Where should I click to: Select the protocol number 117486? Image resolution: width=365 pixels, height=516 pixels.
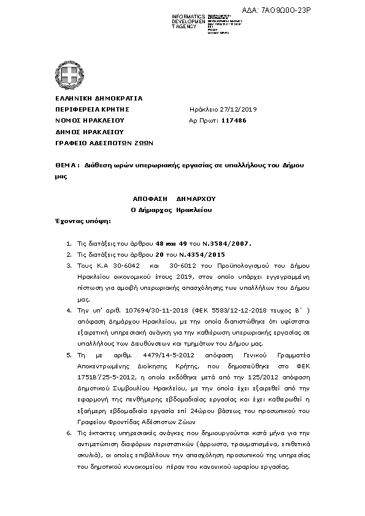pos(234,120)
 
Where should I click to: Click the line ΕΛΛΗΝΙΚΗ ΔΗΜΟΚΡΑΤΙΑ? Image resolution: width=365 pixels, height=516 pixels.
pos(90,98)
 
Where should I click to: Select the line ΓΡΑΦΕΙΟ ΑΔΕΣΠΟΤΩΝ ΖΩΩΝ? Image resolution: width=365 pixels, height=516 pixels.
pos(96,142)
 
